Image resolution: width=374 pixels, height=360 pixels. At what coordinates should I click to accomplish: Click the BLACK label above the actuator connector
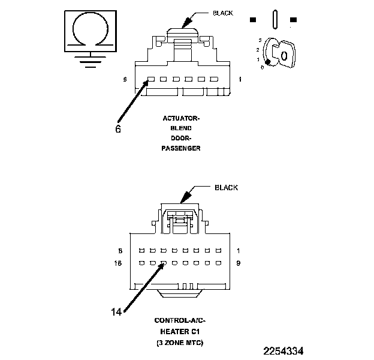click(x=224, y=13)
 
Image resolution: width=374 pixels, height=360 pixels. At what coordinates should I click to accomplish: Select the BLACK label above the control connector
click(x=226, y=188)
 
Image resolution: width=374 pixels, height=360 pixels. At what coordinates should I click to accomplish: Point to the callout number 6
click(x=118, y=128)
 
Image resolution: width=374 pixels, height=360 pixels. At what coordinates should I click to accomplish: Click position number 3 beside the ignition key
click(x=260, y=40)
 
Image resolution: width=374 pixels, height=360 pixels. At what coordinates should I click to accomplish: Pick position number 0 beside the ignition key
click(x=263, y=67)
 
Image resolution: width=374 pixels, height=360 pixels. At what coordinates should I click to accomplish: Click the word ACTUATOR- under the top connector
click(x=181, y=118)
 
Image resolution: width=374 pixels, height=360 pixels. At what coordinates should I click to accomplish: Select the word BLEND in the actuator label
click(x=181, y=128)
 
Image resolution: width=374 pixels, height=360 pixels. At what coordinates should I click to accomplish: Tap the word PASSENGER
click(x=181, y=148)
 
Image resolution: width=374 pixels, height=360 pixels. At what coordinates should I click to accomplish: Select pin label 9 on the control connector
click(x=239, y=263)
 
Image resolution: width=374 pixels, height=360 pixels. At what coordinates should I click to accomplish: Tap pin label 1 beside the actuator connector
click(x=240, y=79)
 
